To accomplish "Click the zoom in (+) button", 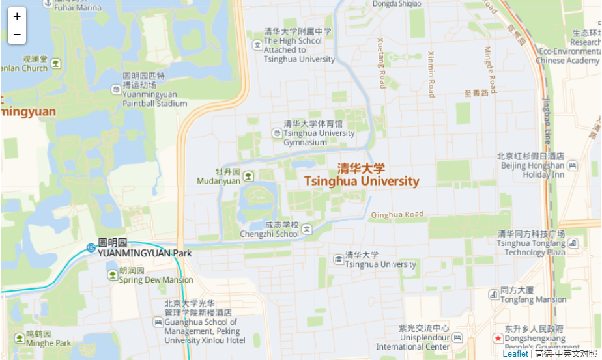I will [17, 16].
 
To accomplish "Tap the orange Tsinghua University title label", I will [362, 174].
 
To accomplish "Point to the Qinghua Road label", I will [397, 214].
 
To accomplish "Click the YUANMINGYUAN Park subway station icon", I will [91, 247].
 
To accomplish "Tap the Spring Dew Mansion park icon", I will [113, 275].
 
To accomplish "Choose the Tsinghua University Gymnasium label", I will [319, 133].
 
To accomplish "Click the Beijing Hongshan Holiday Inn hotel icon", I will [572, 165].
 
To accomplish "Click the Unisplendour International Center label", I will [424, 337].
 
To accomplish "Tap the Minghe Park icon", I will [19, 338].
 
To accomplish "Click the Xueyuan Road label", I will [382, 62].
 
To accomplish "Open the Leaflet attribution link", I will [515, 353].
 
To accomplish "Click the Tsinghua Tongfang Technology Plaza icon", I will [573, 243].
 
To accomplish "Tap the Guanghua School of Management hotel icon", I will [158, 322].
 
